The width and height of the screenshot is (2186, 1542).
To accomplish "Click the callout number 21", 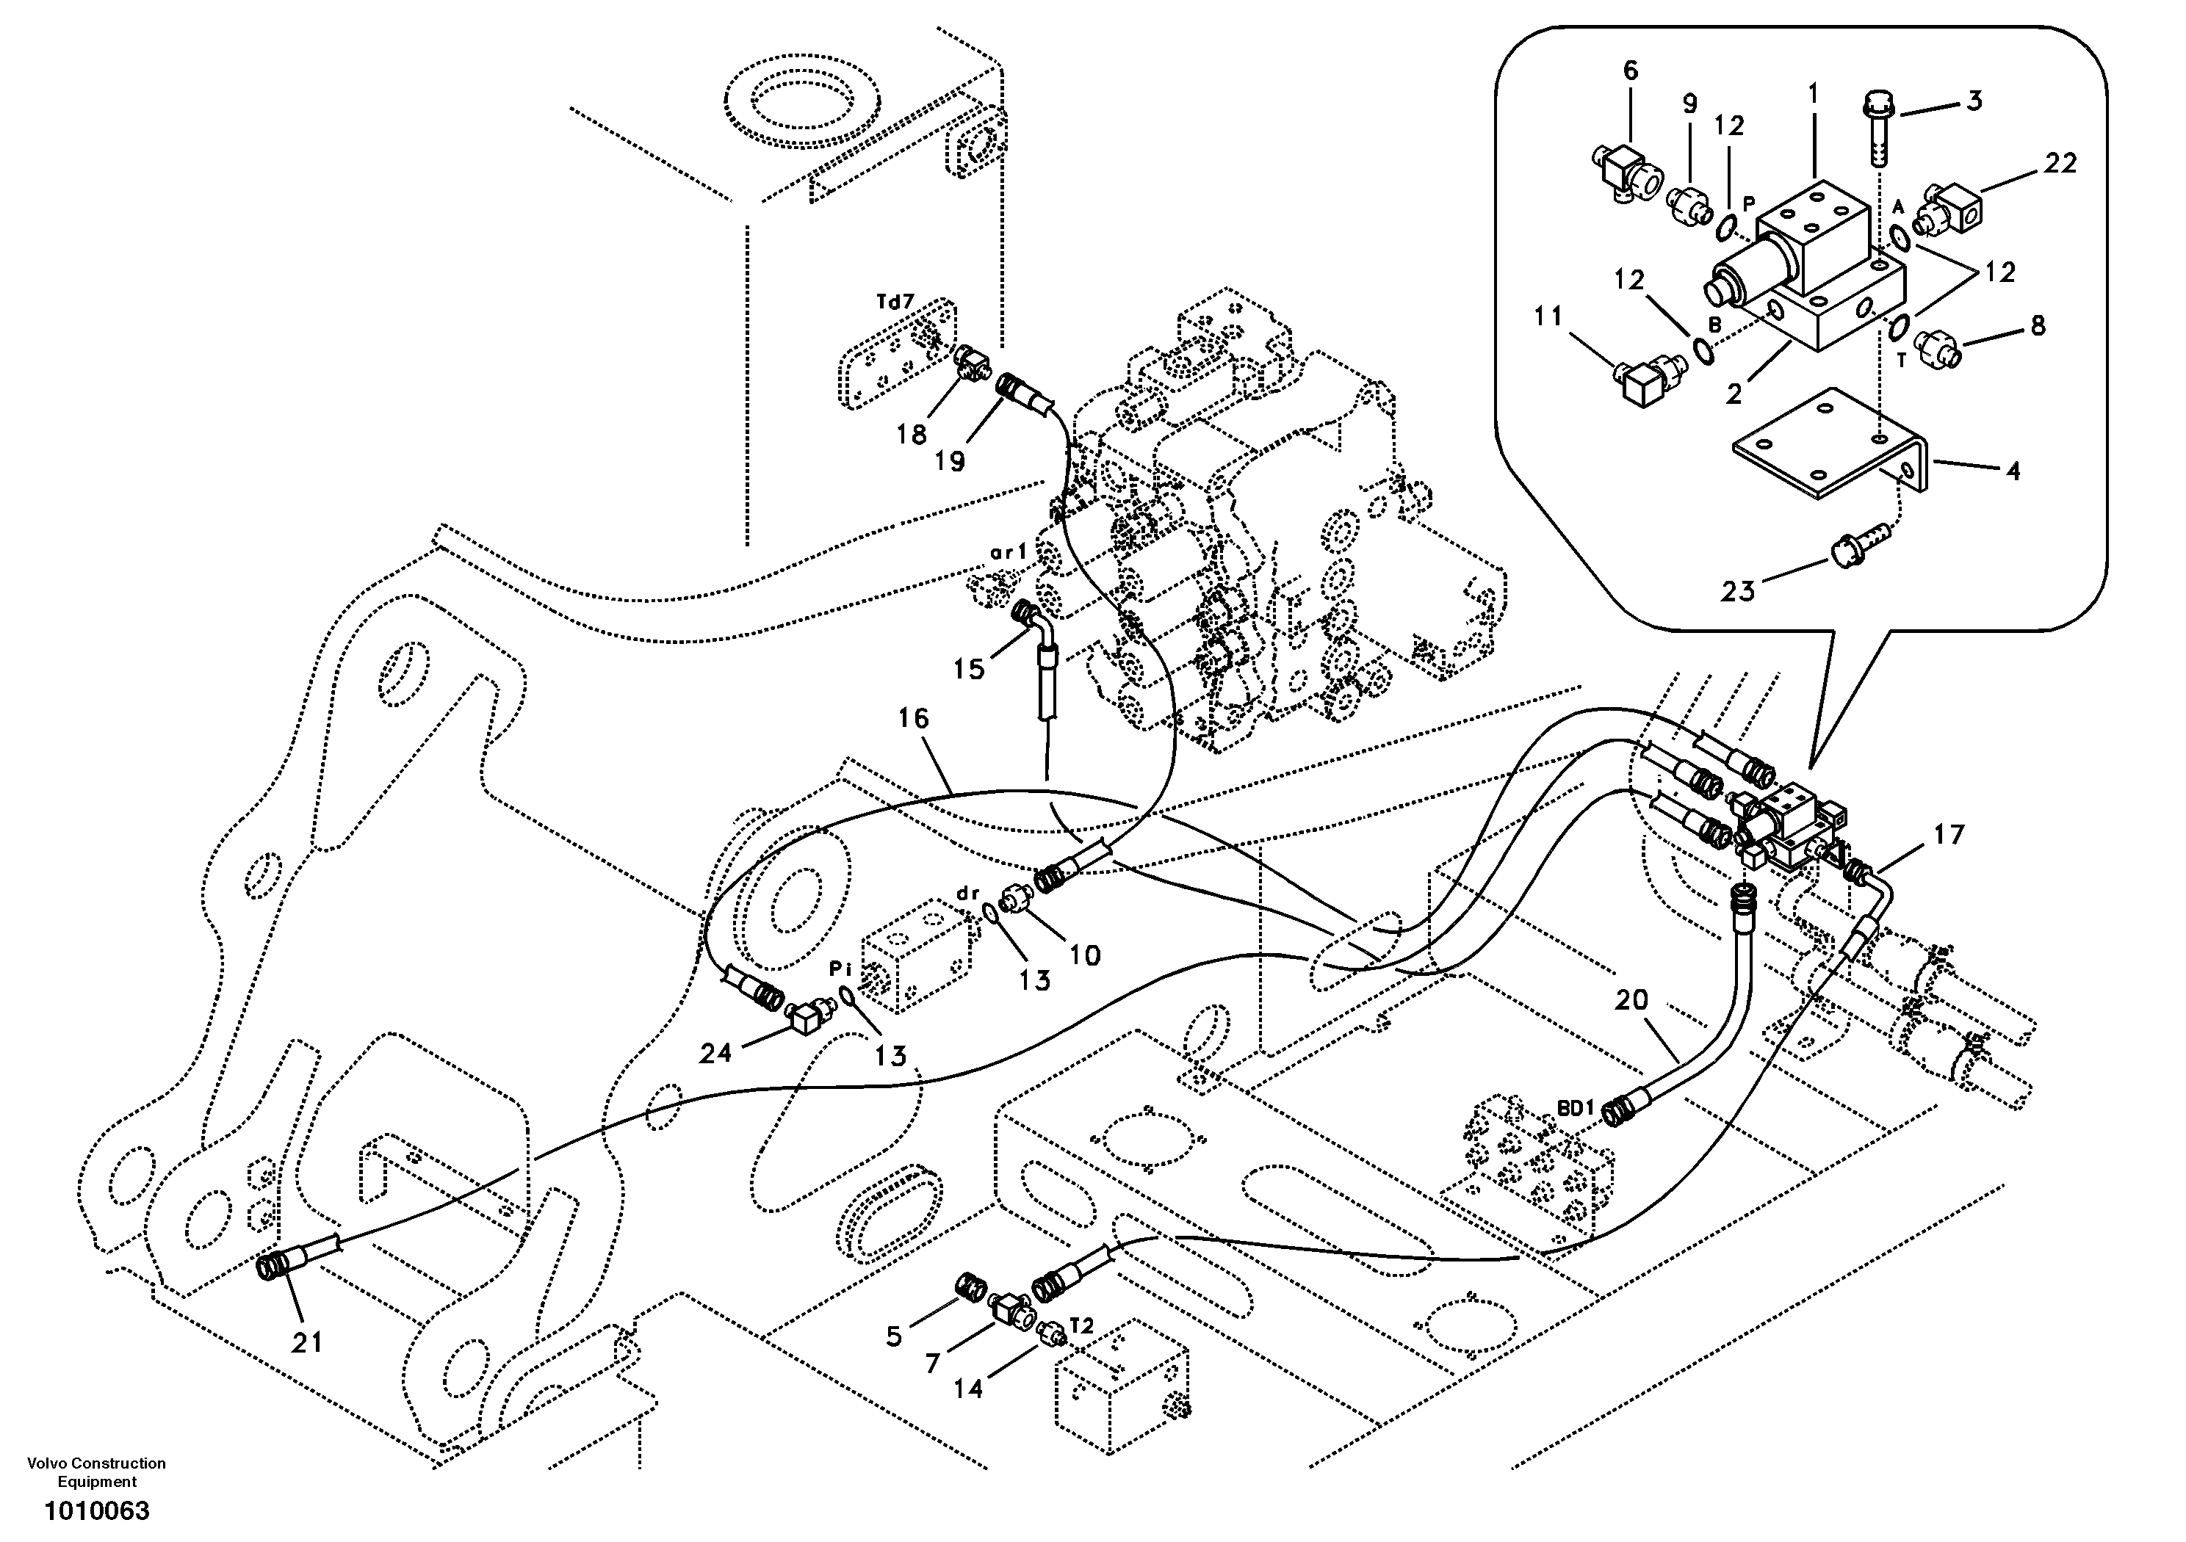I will [306, 1343].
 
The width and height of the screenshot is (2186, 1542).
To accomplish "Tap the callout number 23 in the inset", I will [1738, 592].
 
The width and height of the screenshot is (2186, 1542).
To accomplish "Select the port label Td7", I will [895, 302].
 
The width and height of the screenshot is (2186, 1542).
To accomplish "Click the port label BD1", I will [1576, 1108].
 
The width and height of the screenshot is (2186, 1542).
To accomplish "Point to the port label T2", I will [1081, 1325].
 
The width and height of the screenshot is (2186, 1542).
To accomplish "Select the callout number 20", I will [1631, 1000].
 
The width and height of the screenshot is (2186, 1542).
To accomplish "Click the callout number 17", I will [1949, 835].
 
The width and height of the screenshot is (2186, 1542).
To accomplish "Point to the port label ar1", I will [1009, 551].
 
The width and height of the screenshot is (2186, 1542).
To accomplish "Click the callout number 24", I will [716, 1053].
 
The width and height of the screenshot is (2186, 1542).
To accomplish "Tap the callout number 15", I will [968, 669].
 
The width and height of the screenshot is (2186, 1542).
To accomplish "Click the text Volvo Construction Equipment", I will [96, 1472].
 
